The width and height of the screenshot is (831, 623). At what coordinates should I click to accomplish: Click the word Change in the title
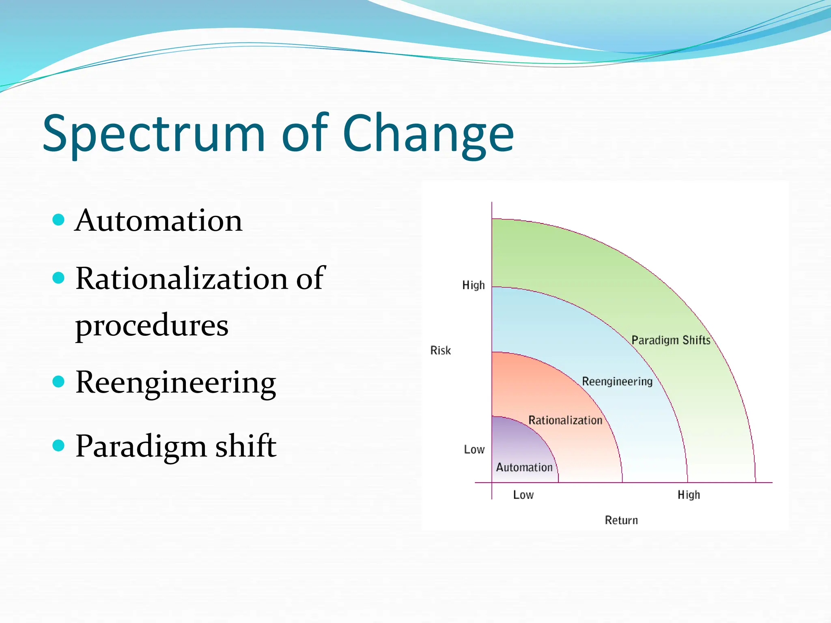[428, 134]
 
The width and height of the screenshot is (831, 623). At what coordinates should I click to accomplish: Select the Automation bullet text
[159, 221]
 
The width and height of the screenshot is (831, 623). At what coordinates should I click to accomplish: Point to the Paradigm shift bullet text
[175, 446]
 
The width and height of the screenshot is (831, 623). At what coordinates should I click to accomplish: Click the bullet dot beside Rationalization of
[59, 278]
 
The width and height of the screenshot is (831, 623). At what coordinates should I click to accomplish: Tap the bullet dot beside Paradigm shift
[59, 445]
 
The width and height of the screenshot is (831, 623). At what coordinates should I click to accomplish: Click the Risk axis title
[440, 350]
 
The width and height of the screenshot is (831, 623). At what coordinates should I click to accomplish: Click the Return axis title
[621, 520]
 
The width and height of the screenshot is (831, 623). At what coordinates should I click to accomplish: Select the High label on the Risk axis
[473, 286]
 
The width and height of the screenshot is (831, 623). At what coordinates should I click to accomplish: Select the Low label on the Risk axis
[474, 450]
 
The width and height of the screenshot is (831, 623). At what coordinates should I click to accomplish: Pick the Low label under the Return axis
[523, 495]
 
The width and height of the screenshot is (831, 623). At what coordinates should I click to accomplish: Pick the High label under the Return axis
[689, 495]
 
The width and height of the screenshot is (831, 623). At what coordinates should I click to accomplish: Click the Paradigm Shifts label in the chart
[671, 340]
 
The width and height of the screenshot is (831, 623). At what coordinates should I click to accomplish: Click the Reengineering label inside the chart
[617, 382]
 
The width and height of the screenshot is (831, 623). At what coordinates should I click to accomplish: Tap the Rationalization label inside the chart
[565, 421]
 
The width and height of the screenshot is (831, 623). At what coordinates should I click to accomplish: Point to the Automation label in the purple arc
[524, 468]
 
